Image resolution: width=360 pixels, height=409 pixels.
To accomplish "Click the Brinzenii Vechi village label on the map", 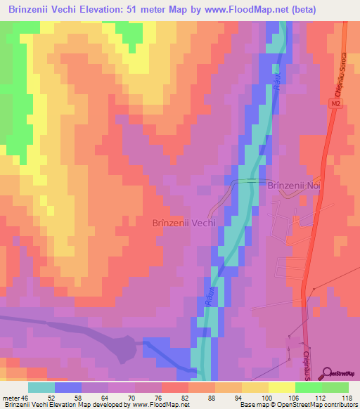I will coord(184,222).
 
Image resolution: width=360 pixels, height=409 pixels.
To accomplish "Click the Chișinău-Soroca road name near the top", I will coord(345,70).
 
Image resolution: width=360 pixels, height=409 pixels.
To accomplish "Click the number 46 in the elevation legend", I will coord(25,397).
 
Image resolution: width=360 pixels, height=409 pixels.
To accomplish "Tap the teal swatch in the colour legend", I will coord(41,387).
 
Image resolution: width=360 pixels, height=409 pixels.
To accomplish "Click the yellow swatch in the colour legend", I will coord(282,387).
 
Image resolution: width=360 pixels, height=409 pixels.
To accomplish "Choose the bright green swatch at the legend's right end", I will coord(335,387).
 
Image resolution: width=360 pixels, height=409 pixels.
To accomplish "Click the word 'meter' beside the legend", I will coord(10,397).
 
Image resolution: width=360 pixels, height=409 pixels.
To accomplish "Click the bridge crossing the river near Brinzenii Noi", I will coord(247,181).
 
